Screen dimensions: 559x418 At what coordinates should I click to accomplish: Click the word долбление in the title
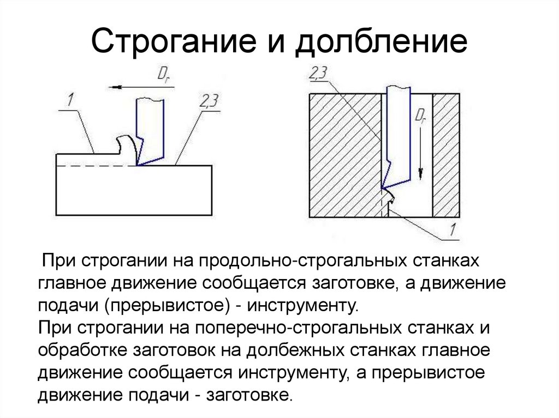[x=380, y=41]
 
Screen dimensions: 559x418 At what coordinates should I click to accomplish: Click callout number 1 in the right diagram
[x=452, y=229]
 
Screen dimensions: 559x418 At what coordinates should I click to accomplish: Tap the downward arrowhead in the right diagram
[x=421, y=174]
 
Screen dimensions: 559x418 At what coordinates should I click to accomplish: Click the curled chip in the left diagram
[x=127, y=148]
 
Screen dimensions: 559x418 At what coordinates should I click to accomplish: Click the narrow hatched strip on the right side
[x=446, y=155]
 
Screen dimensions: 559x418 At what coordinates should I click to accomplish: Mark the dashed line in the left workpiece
[x=96, y=166]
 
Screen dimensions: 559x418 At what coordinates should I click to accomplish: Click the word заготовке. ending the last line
[x=248, y=395]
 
